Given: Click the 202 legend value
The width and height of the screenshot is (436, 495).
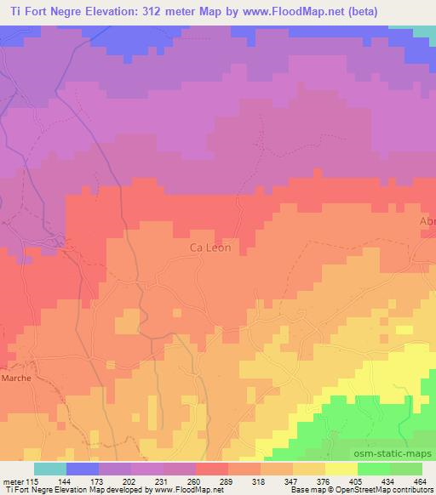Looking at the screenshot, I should (130, 481).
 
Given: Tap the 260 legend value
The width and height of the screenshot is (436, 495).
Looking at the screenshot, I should (193, 481).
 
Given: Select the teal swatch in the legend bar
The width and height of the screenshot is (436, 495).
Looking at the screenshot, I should (50, 469).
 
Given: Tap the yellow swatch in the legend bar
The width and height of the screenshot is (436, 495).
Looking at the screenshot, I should (341, 469).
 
